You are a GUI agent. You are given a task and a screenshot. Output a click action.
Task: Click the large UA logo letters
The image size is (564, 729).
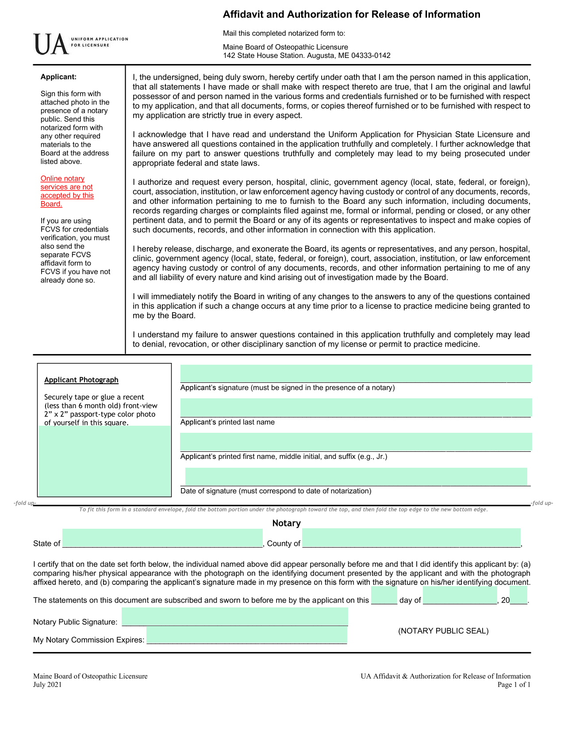tap(51, 45)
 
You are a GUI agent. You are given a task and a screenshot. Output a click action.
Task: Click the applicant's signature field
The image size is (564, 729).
tap(356, 374)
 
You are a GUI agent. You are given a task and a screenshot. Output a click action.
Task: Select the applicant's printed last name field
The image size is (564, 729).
tap(356, 408)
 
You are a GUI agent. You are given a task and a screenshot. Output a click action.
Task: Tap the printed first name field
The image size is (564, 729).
tap(356, 442)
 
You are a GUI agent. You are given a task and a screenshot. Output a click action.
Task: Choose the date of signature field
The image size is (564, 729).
tap(356, 477)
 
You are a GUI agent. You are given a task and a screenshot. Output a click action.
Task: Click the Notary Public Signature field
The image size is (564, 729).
tap(235, 617)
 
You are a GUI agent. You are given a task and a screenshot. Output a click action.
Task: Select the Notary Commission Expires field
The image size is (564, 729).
tap(247, 635)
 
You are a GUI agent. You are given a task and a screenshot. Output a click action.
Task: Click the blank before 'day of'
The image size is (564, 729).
tap(384, 595)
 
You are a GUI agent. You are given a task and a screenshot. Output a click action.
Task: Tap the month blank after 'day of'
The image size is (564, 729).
tap(460, 595)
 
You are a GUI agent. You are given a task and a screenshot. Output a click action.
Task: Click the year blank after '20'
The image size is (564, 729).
tap(518, 595)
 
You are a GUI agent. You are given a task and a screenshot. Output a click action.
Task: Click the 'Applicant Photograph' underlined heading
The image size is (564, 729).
tap(81, 380)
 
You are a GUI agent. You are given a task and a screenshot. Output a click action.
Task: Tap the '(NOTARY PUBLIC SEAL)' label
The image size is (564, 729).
tap(443, 631)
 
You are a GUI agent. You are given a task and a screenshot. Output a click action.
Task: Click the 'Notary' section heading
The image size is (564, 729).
tap(286, 523)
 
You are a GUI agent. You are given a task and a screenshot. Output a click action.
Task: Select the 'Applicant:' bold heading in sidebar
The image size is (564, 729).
tap(58, 77)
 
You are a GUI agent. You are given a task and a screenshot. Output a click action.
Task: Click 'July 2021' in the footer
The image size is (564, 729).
tap(47, 685)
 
